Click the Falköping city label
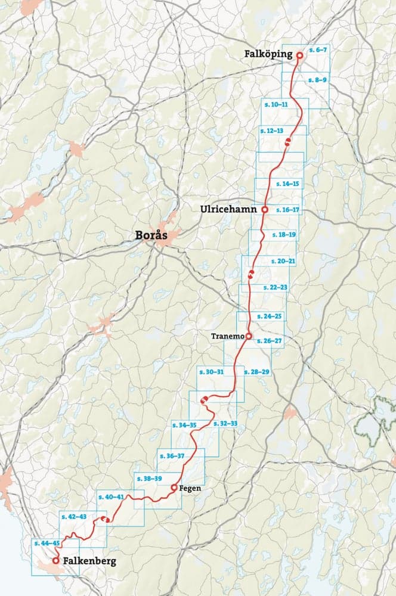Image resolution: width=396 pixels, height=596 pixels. tap(268, 54)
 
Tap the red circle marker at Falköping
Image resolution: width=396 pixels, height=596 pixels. tap(300, 55)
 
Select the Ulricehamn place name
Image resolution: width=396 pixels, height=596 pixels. tap(228, 210)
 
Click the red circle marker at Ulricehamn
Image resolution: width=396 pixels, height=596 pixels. tap(264, 210)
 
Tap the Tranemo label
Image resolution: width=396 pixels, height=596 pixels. tap(227, 337)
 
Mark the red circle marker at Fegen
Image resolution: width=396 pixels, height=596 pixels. tap(174, 488)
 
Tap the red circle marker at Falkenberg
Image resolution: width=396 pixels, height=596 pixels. tap(55, 561)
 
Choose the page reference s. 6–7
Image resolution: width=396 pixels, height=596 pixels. tap(318, 51)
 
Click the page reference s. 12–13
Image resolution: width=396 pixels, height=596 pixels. tap(271, 130)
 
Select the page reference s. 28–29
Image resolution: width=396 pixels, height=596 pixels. tap(256, 372)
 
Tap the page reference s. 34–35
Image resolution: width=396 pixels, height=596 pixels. tap(184, 425)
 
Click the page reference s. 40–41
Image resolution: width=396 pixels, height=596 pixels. tap(112, 496)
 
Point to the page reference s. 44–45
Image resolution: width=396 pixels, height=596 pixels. tap(47, 544)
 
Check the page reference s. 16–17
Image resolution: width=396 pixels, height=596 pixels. tap(287, 210)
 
